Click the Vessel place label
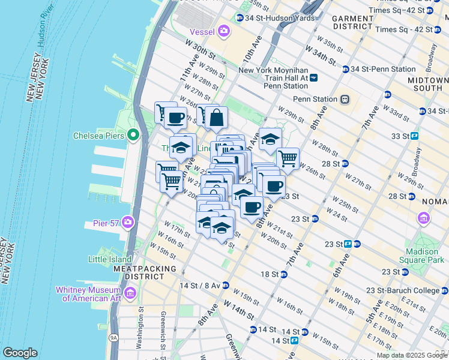click(x=202, y=31)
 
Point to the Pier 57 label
click(x=105, y=223)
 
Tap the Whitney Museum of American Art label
click(x=88, y=294)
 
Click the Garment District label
click(x=353, y=22)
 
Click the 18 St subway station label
click(x=270, y=274)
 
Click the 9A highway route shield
click(x=114, y=338)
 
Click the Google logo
click(x=20, y=353)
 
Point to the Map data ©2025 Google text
click(x=411, y=355)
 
